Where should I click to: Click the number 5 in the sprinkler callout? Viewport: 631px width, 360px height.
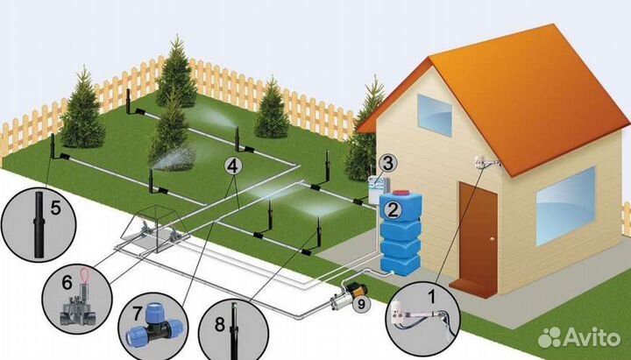(x=55, y=208)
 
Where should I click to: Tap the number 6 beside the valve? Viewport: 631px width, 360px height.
(x=67, y=282)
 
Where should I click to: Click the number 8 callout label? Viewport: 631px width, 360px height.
(x=220, y=324)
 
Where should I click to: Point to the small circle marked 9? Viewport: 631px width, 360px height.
(x=361, y=305)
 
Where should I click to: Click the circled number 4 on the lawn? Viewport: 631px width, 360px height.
(x=233, y=166)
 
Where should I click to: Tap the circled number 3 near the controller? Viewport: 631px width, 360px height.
(x=387, y=163)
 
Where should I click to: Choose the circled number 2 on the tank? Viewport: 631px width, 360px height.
(x=393, y=209)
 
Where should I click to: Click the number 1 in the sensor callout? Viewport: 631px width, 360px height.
(x=432, y=297)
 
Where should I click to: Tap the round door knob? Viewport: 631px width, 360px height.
(x=493, y=239)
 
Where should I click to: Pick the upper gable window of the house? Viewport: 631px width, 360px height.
(x=435, y=116)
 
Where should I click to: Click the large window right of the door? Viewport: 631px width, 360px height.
(x=565, y=207)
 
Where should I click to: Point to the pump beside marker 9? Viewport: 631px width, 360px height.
(x=348, y=295)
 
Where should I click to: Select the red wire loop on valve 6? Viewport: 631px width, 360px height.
(x=85, y=275)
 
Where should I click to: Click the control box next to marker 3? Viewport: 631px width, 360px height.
(x=379, y=187)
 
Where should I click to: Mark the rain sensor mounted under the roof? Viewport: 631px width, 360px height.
(x=487, y=163)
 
